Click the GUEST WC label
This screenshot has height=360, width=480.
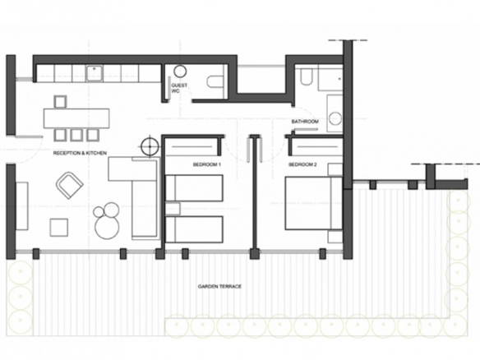[x=179, y=88]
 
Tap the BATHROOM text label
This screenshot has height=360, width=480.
[x=305, y=122]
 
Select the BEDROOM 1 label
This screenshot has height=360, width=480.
[x=207, y=164]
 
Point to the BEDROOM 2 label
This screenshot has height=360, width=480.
[x=302, y=164]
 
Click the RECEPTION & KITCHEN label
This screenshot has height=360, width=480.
[x=80, y=153]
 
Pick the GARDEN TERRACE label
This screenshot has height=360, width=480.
[x=219, y=287]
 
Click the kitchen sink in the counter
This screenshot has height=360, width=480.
[x=95, y=73]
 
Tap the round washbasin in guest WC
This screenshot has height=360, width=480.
[x=180, y=71]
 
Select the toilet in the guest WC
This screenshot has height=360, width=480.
[x=217, y=81]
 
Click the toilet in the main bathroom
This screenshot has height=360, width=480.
[x=306, y=76]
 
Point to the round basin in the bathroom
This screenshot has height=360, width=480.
[x=335, y=118]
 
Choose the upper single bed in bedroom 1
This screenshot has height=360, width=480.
[x=194, y=188]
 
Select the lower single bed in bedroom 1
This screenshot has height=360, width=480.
[x=194, y=229]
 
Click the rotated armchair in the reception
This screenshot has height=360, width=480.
[x=70, y=185]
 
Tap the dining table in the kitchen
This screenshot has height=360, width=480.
[x=76, y=118]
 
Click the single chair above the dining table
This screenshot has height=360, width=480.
[x=60, y=102]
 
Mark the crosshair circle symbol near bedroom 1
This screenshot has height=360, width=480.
[x=150, y=146]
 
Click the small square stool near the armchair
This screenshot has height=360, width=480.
[x=59, y=227]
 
